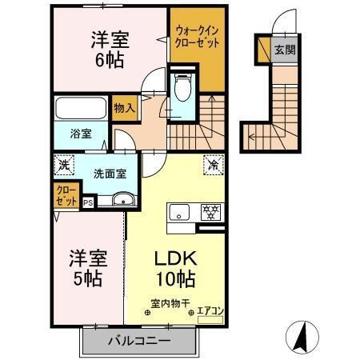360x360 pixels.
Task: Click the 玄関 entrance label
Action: pyautogui.click(x=286, y=50)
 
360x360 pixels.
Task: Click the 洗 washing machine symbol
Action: pyautogui.click(x=64, y=166)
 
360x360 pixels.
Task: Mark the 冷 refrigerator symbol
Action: pyautogui.click(x=214, y=166)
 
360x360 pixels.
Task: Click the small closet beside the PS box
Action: pyautogui.click(x=67, y=194)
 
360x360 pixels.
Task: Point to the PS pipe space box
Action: pyautogui.click(x=88, y=203)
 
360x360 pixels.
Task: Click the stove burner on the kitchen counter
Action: pyautogui.click(x=210, y=211)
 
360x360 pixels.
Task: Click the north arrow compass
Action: pyautogui.click(x=302, y=337)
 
